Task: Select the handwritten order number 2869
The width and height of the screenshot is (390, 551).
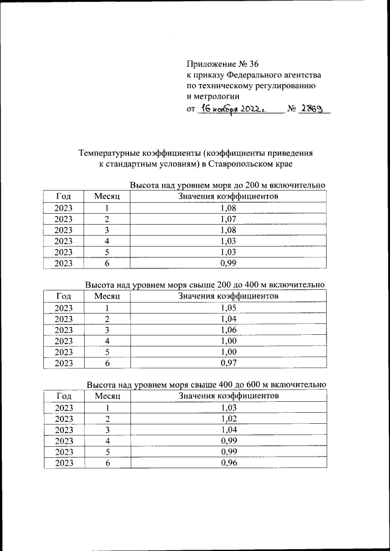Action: [x=313, y=108]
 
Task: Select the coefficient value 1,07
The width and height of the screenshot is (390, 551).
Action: [x=228, y=219]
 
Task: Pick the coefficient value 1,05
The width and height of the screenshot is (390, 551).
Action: [x=228, y=308]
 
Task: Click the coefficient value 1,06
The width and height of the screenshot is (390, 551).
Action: [x=228, y=330]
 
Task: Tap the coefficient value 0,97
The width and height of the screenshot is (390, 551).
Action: [x=228, y=363]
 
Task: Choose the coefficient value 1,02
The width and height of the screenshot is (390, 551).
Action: [x=228, y=419]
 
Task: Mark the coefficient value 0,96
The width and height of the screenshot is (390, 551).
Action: [x=228, y=463]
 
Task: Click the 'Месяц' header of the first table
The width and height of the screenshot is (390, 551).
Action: [x=107, y=197]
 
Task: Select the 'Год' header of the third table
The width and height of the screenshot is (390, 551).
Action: [x=63, y=396]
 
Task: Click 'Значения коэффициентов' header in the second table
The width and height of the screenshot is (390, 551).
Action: [x=228, y=297]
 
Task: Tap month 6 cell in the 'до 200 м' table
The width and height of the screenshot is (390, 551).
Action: [x=107, y=263]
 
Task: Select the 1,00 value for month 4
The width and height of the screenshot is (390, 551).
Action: [x=228, y=341]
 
